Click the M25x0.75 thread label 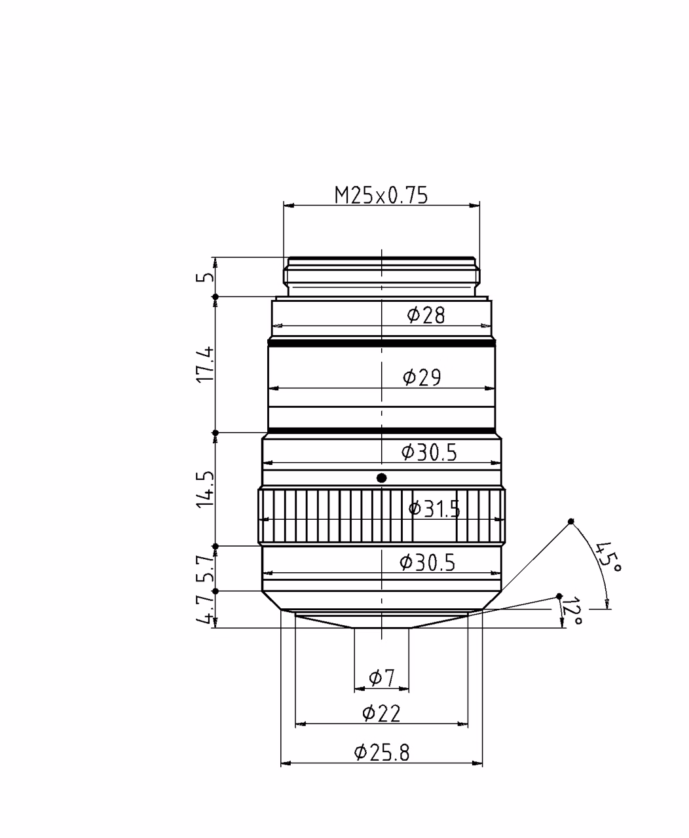[x=381, y=196]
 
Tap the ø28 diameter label [x=426, y=315]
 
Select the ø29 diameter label [x=422, y=377]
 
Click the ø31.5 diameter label [x=434, y=509]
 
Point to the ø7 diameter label [x=381, y=678]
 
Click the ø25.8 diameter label [x=381, y=752]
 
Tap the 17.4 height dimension [x=205, y=365]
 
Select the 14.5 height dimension [x=205, y=489]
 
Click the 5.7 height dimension [x=205, y=569]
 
